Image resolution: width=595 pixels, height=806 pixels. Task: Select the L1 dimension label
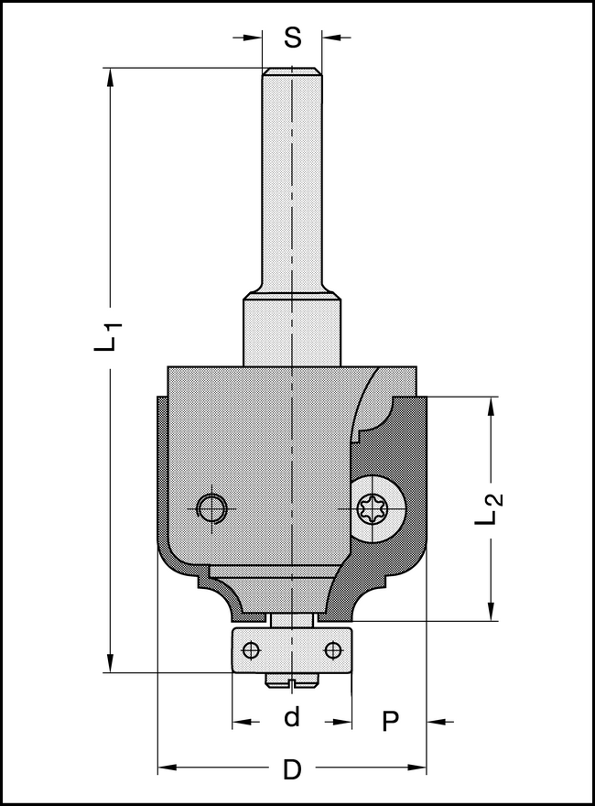pos(109,336)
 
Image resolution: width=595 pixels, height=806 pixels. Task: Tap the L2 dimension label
pos(492,509)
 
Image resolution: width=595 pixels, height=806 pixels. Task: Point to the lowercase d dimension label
pos(292,717)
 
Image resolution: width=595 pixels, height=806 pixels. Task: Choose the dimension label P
pos(391,722)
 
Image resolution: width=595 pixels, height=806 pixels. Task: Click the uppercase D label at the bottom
pos(292,769)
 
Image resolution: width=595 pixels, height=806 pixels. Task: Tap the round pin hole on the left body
pos(213,506)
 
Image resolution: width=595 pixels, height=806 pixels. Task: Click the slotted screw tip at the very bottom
pos(292,681)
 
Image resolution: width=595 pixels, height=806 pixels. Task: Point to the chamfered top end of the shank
pos(292,71)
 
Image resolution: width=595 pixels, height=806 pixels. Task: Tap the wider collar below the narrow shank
pos(292,330)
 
